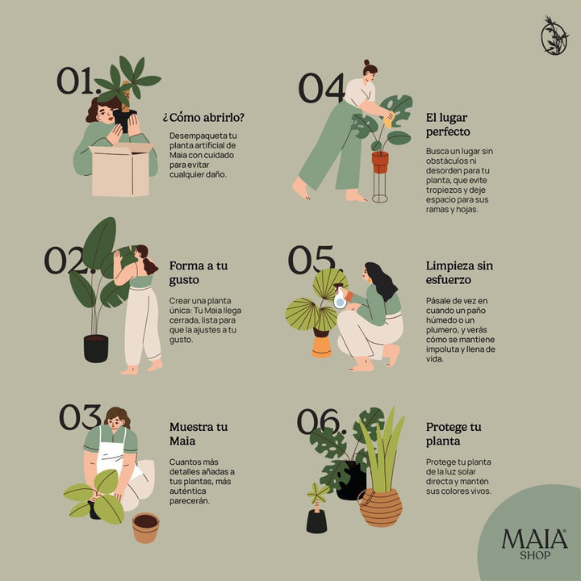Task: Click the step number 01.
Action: click(x=77, y=81)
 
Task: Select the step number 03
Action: click(x=80, y=417)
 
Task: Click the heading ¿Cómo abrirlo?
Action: click(x=203, y=117)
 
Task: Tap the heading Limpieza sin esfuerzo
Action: click(x=459, y=272)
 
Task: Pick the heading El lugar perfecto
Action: click(x=449, y=124)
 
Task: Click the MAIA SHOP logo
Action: click(x=534, y=541)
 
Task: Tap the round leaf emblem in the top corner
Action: click(x=554, y=36)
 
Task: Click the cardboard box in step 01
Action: click(x=120, y=170)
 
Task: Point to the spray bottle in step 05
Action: click(x=340, y=298)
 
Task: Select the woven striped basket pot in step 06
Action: click(x=380, y=505)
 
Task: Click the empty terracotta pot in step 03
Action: click(x=145, y=528)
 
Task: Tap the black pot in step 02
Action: click(x=96, y=348)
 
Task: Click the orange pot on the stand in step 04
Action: click(x=380, y=161)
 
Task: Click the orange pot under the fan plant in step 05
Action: click(x=321, y=345)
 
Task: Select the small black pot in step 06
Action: click(x=317, y=520)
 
